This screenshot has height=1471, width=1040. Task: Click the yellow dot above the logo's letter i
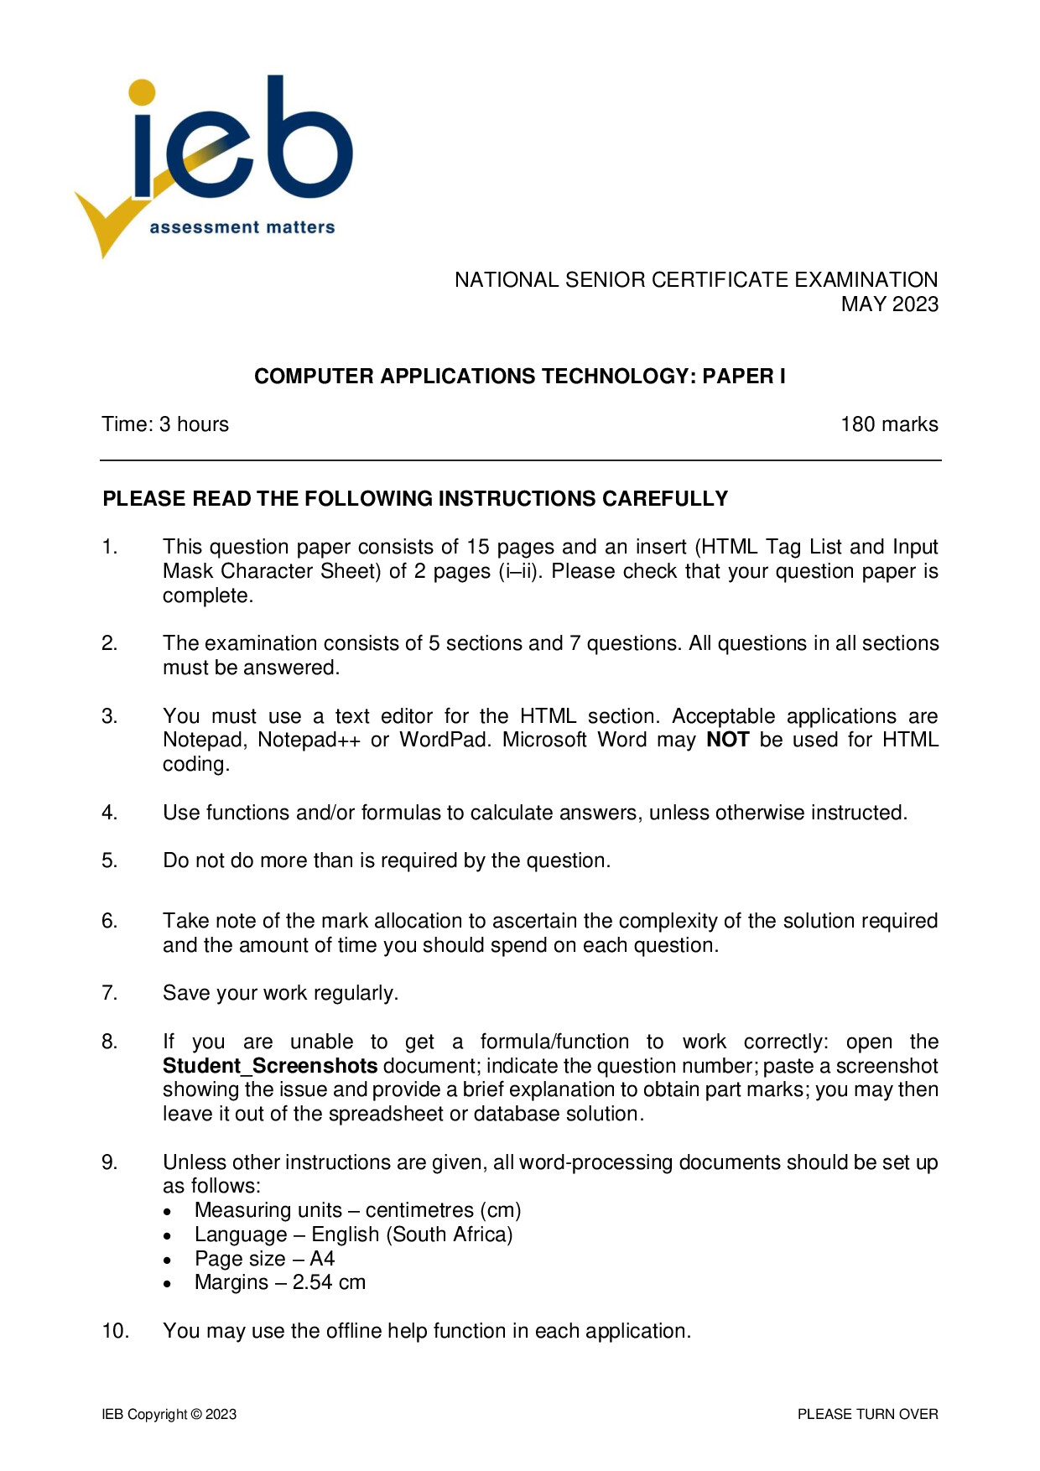142,93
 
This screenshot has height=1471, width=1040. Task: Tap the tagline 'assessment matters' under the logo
242,227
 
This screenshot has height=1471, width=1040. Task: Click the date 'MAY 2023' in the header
889,304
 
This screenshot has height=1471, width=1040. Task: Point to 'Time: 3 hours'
165,424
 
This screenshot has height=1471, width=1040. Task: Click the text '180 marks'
889,424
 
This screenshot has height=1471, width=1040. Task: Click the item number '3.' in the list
109,716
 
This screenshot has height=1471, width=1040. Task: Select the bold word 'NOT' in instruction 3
727,740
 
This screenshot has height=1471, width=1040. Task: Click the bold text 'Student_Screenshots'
270,1066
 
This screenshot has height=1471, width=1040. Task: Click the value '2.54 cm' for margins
329,1282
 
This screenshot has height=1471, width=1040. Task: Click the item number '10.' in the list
115,1331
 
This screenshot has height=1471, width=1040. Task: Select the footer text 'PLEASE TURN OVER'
867,1415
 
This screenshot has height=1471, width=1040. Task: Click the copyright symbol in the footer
196,1415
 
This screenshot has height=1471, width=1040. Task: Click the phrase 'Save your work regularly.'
280,993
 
